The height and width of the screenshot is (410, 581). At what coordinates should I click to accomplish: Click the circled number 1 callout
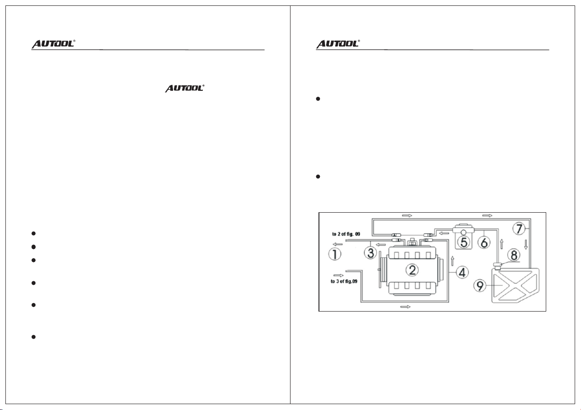click(x=335, y=254)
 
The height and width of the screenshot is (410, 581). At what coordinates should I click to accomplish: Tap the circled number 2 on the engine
click(x=412, y=270)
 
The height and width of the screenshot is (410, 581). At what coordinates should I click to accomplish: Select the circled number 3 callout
click(x=370, y=252)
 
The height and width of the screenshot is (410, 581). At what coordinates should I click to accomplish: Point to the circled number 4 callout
click(x=462, y=272)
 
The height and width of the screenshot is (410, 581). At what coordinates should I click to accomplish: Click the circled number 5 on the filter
click(x=464, y=242)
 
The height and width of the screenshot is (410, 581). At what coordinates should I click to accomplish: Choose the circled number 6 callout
click(x=484, y=242)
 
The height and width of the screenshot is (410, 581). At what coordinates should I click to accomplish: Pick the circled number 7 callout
click(x=519, y=229)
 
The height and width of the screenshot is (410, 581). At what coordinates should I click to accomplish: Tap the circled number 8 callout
click(x=514, y=255)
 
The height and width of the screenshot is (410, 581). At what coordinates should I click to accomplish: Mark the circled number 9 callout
click(x=480, y=286)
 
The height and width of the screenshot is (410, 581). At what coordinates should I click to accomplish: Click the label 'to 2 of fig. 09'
click(x=346, y=234)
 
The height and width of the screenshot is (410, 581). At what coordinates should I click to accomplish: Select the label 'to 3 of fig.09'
click(x=344, y=281)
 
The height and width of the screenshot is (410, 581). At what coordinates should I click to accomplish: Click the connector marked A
click(x=396, y=235)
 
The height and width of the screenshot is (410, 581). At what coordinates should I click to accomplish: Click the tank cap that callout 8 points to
click(x=498, y=266)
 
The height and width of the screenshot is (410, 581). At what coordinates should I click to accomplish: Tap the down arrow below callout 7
click(x=526, y=244)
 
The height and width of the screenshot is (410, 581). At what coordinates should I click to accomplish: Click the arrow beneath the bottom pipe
click(x=405, y=307)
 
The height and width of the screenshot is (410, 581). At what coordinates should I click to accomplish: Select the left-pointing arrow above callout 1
click(x=337, y=244)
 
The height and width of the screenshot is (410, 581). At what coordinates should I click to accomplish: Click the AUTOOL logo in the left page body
click(x=185, y=89)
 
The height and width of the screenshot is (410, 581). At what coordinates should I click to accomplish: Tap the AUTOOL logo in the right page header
click(x=337, y=44)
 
